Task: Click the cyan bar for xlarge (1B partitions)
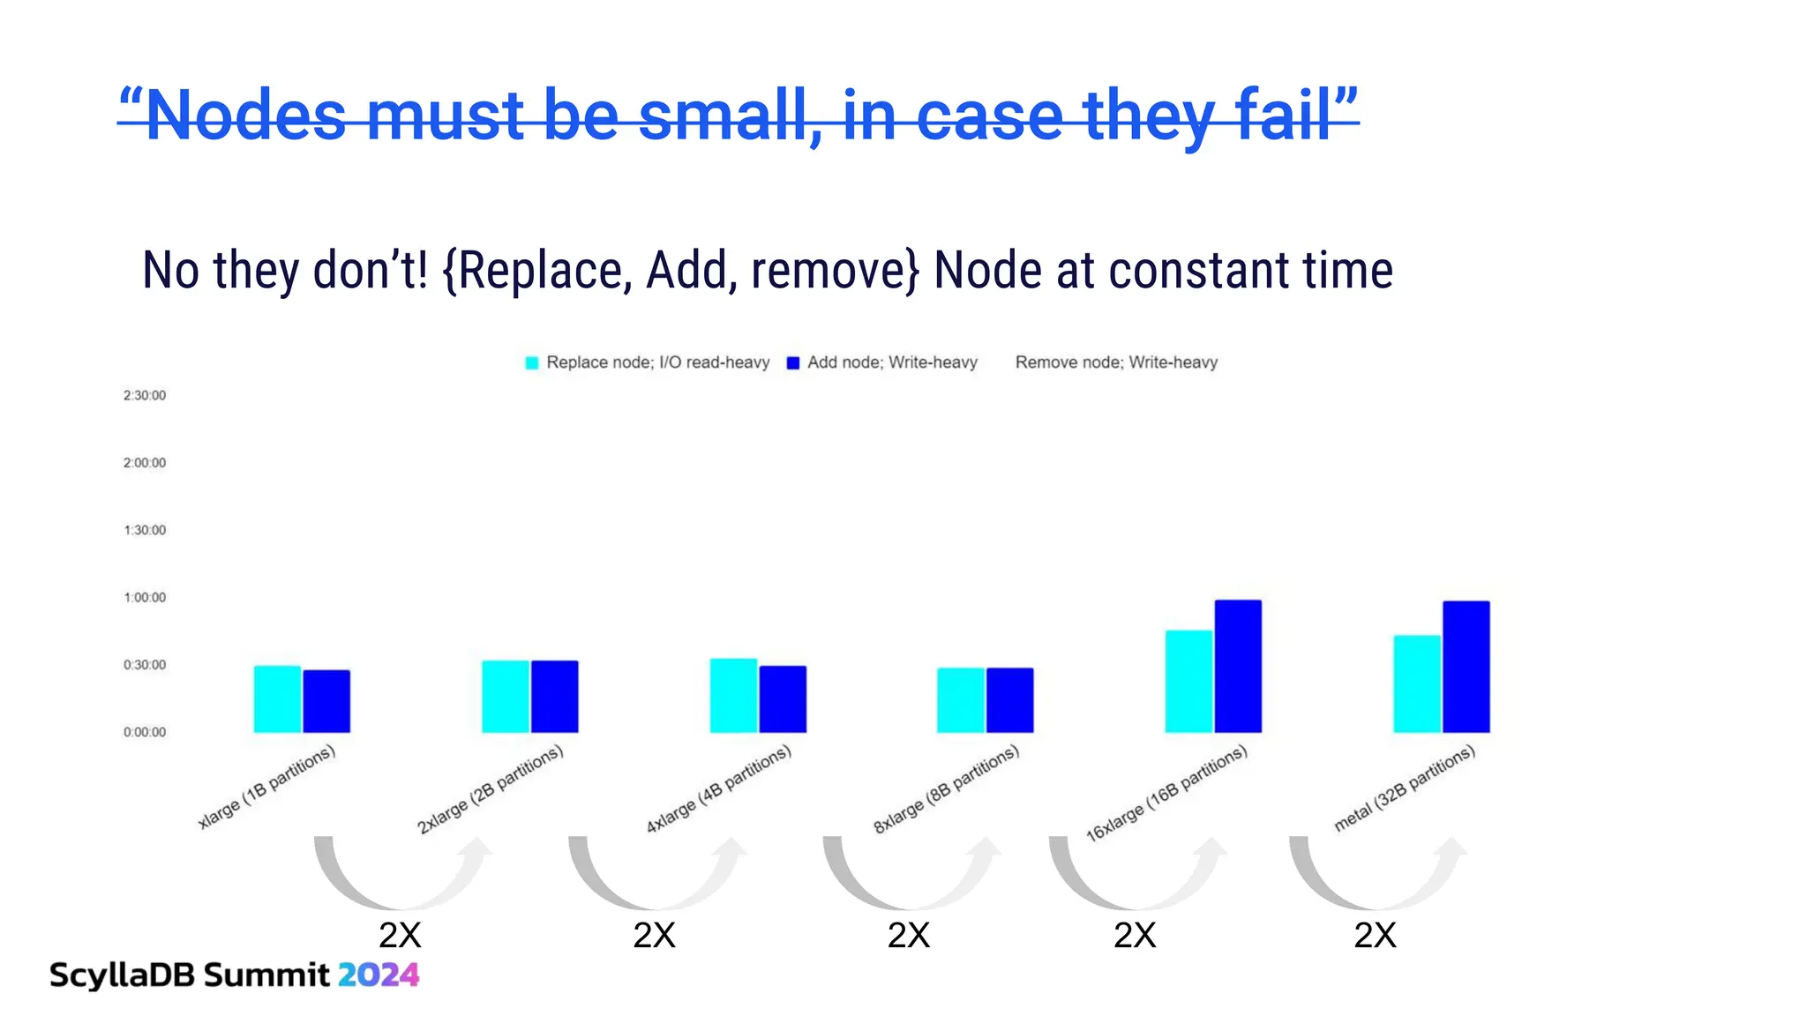coord(277,698)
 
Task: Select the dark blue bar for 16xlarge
coord(1238,666)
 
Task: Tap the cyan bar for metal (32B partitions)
coord(1417,684)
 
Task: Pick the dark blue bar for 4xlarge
coord(783,698)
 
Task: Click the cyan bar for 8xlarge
coord(961,699)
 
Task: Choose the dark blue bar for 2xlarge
coord(555,696)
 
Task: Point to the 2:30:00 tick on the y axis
coord(145,395)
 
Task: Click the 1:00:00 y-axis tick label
coord(145,597)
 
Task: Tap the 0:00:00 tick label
coord(145,732)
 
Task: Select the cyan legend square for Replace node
coord(532,362)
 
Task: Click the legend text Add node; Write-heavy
coord(892,362)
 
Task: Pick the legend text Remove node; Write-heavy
coord(1116,362)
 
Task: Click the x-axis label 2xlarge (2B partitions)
coord(491,789)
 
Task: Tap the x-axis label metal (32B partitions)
coord(1405,788)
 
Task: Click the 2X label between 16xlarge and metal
coord(1375,936)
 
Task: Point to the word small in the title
coord(728,116)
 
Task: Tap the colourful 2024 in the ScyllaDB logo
coord(379,975)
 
